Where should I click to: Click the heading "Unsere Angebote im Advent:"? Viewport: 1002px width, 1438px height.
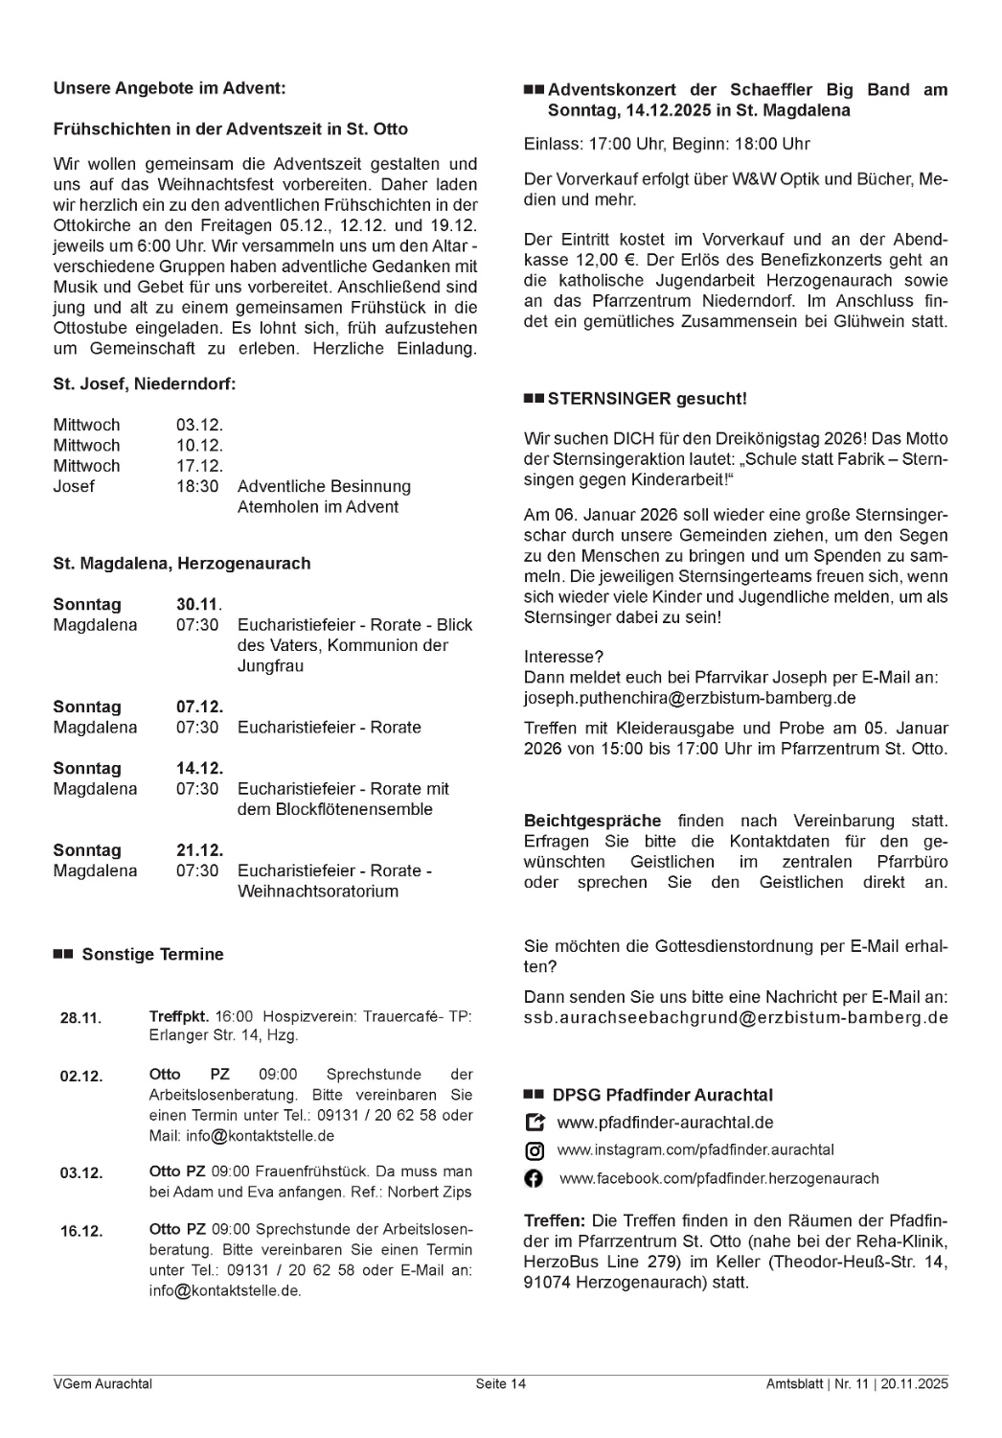169,88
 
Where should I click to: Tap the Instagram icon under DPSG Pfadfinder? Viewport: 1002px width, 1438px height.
535,1151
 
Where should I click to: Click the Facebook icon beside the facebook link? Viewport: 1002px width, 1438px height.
535,1179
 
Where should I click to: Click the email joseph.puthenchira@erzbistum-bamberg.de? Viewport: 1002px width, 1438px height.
690,698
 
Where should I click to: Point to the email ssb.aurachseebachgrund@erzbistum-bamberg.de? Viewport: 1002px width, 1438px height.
736,1017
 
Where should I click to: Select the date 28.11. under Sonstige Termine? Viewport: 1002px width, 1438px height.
80,1018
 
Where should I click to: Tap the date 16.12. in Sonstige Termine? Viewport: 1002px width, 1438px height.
80,1231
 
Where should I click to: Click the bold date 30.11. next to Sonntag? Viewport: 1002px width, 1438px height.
198,605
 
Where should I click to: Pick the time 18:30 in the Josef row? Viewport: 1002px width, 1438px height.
197,487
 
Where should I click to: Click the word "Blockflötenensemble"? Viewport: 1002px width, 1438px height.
334,810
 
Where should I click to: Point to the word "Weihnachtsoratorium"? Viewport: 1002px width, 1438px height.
317,892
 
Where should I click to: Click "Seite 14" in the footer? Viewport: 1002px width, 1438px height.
500,1384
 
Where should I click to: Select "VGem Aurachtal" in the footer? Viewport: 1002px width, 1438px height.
102,1384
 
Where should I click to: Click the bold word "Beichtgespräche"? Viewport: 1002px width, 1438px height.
592,822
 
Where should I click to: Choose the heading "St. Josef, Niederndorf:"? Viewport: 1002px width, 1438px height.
144,384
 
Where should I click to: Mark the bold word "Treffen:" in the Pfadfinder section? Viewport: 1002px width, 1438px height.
554,1221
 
